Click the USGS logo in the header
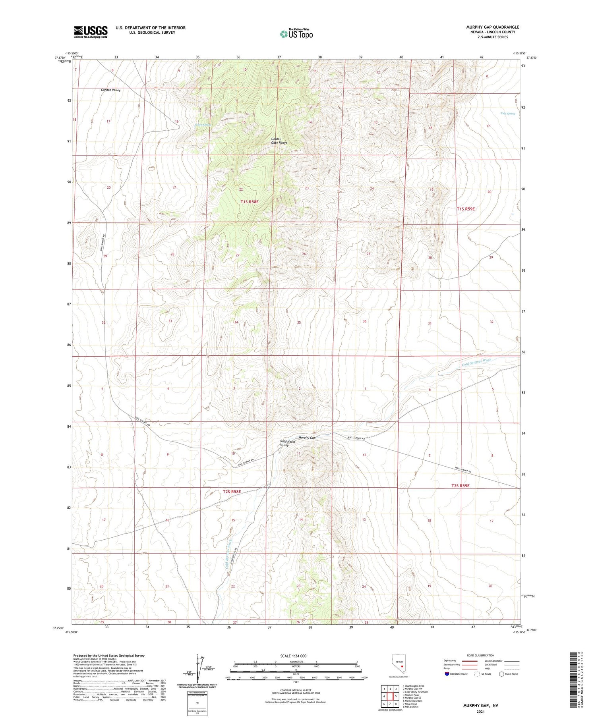coord(91,32)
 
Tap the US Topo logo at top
coord(296,34)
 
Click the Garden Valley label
coord(110,90)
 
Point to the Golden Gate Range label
coord(279,141)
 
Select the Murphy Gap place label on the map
coord(307,438)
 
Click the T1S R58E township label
coord(250,202)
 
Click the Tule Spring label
coord(507,114)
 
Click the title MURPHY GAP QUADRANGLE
coord(493,27)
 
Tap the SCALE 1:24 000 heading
coord(294,656)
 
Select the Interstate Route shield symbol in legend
coord(447,674)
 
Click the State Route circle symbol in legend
coord(501,674)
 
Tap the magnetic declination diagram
coord(197,669)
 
